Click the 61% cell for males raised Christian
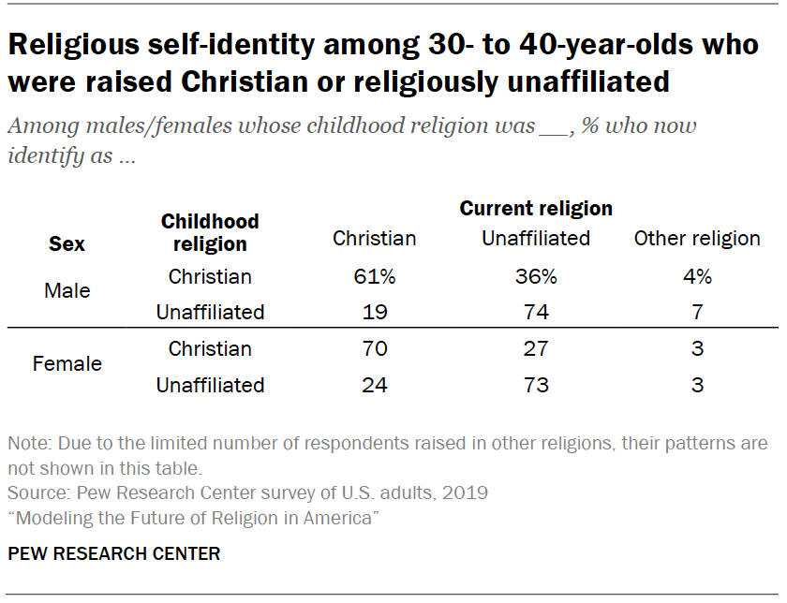point(375,277)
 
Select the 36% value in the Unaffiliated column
point(536,277)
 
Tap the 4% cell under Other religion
point(697,277)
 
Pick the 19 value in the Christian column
point(375,313)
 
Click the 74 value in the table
point(536,313)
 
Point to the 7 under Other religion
point(697,313)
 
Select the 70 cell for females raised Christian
point(375,349)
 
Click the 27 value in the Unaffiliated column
point(536,349)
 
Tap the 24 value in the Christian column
point(375,385)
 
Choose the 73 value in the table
point(536,385)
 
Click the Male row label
point(67,290)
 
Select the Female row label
point(67,363)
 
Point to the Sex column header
point(67,244)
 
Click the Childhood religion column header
point(210,233)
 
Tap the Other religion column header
point(697,239)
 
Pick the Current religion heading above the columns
point(536,209)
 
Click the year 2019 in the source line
point(467,493)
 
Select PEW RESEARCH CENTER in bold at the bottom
point(114,554)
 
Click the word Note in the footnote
point(26,444)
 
